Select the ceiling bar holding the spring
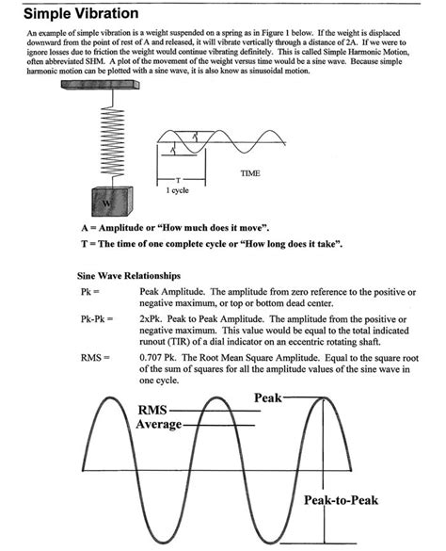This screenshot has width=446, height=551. [98, 86]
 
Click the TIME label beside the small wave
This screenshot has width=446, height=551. [249, 173]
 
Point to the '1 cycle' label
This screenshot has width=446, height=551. [179, 190]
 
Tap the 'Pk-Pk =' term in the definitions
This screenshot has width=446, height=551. [98, 320]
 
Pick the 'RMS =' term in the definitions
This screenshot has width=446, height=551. [95, 359]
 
